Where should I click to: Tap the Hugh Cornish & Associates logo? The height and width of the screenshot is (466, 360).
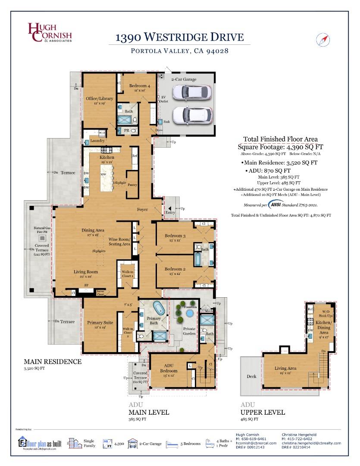click(50, 33)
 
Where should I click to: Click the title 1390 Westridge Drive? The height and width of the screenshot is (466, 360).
click(179, 37)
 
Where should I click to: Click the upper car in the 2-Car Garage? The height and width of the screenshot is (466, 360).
click(192, 92)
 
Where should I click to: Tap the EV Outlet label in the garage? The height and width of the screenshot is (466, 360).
click(164, 99)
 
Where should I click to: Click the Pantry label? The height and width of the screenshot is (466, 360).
click(132, 185)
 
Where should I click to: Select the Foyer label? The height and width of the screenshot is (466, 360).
click(142, 210)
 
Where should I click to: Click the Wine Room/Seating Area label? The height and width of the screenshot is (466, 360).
click(119, 242)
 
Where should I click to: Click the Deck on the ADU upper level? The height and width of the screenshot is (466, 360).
click(251, 376)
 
